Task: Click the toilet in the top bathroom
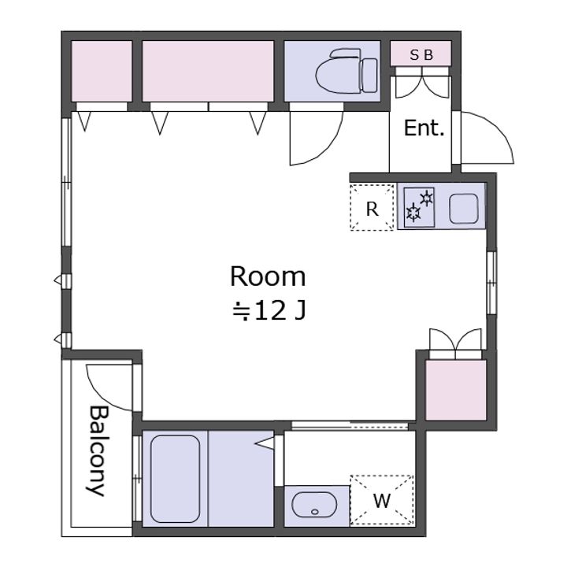coord(346,72)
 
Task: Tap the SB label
coord(421,55)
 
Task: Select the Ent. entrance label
coord(424,128)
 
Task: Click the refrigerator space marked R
coord(372,207)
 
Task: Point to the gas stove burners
coord(419,207)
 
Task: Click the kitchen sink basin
coord(464,209)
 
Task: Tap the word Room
coord(268,277)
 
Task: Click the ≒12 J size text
coord(269,310)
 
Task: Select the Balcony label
coord(98,451)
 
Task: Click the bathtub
coord(175,479)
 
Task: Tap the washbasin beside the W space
coord(314,505)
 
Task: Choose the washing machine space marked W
coord(382,500)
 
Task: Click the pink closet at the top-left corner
coord(102,71)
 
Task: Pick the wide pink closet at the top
coord(208,71)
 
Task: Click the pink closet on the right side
coord(456,390)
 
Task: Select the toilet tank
coord(369,76)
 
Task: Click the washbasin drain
coord(314,512)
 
